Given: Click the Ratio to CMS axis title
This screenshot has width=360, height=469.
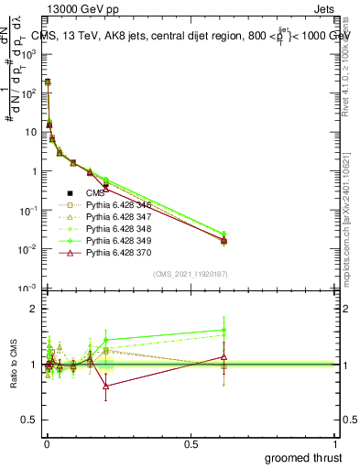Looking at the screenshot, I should coord(14,365).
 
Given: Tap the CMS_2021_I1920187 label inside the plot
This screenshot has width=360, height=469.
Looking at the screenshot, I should coord(191,274).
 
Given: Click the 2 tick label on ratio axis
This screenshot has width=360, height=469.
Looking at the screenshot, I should coord(33,308).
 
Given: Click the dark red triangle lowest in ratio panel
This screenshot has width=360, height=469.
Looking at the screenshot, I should coord(106,387).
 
